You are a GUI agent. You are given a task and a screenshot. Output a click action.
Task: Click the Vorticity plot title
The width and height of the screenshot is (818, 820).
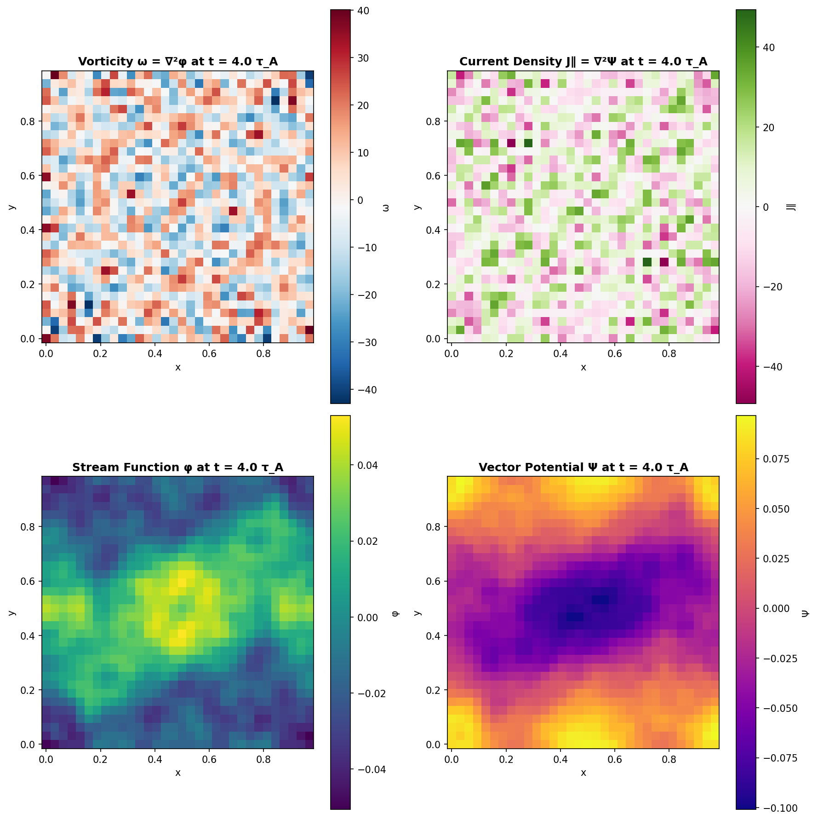click(177, 62)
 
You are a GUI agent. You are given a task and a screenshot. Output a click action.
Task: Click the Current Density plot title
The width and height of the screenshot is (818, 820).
click(583, 62)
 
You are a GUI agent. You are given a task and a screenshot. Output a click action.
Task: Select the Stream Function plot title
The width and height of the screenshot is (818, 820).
click(177, 468)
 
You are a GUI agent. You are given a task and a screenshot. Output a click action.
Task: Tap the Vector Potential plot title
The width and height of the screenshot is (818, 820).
click(583, 468)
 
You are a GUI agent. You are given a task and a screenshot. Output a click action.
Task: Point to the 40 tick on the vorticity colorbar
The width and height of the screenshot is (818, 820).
click(363, 11)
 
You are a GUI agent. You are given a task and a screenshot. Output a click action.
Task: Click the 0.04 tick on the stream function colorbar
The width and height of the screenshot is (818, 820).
click(368, 465)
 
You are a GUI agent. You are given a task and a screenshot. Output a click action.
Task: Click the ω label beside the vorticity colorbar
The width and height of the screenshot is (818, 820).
click(386, 208)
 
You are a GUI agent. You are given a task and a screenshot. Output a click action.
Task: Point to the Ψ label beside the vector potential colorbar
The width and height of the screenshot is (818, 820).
click(805, 613)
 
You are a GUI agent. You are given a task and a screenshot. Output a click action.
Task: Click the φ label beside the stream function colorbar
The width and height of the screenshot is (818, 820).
click(395, 613)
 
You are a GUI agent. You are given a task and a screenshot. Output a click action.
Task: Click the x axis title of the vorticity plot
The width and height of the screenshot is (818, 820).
click(177, 367)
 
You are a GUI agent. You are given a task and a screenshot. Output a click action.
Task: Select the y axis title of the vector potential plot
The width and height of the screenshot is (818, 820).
click(417, 613)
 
